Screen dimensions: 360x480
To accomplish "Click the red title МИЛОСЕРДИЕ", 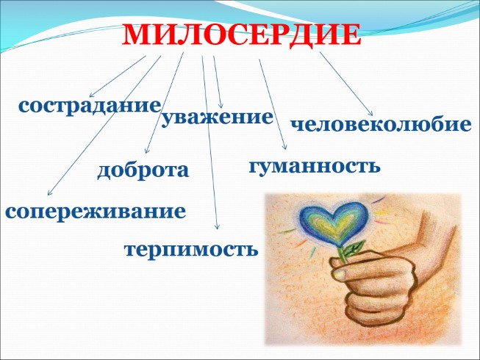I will coord(241,35).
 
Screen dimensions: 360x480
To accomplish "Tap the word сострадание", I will coord(90,105).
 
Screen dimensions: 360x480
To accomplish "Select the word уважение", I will coord(217,118).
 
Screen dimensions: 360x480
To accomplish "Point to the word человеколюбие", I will coord(381,124).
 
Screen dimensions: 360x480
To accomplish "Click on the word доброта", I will coord(143,170).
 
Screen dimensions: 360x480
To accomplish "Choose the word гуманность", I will coord(315,166).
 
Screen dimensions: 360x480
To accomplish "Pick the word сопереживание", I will coord(95,212).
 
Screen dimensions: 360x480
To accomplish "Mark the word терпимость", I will coord(191,248).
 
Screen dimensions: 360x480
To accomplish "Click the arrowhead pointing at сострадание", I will coord(91,96).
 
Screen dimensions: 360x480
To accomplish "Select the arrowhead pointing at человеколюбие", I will coord(371,112).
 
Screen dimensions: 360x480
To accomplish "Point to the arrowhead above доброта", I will coord(147,151).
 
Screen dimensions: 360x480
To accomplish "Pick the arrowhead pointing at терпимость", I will coord(218,229).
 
